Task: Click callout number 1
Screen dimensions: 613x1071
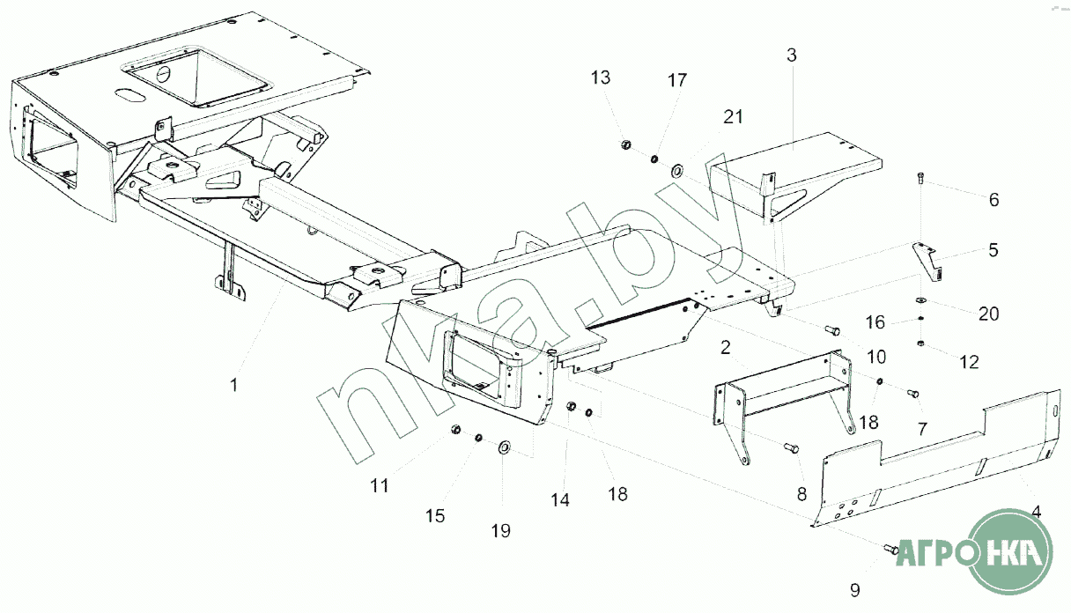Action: click(233, 385)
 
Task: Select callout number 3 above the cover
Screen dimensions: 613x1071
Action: click(791, 55)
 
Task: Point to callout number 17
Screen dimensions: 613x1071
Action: click(676, 80)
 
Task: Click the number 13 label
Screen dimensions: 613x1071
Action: click(600, 78)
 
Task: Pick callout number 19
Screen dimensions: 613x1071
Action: click(501, 530)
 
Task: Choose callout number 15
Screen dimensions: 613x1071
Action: click(436, 515)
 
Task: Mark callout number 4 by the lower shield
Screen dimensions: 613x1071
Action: click(1036, 511)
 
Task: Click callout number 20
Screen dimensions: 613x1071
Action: click(989, 313)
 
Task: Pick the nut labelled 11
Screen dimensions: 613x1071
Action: click(456, 429)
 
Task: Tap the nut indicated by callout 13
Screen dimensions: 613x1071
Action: click(624, 144)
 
